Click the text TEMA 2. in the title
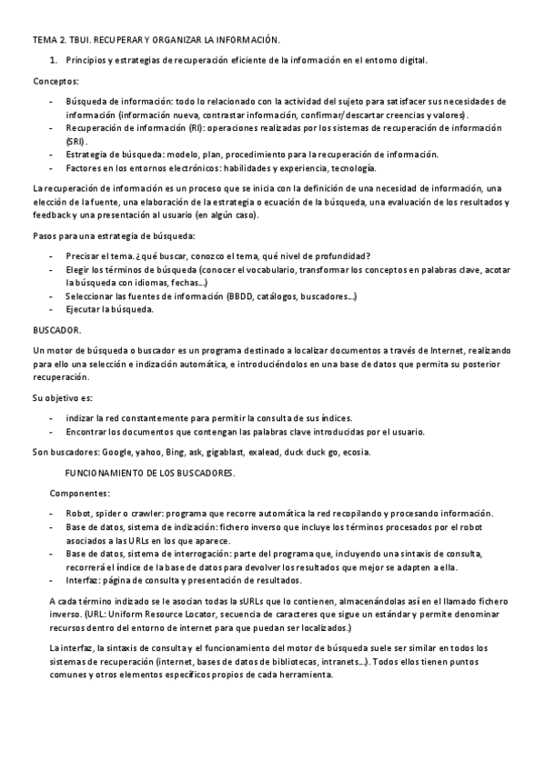click(48, 41)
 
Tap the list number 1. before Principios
click(55, 60)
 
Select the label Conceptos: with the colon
click(54, 80)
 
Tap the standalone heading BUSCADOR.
click(56, 330)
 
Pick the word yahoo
click(149, 452)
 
